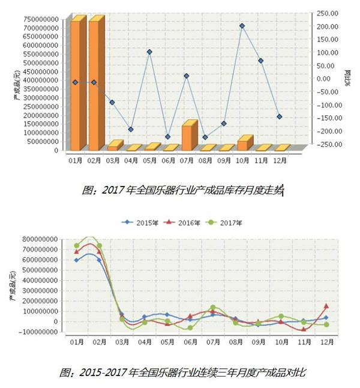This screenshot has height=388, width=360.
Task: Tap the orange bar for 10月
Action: pos(242,145)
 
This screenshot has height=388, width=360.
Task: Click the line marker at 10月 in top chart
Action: pos(242,26)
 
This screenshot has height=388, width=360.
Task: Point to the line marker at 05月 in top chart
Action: pos(149,52)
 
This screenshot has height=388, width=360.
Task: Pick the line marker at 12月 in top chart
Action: pos(279,116)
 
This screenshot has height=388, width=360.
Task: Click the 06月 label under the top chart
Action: pos(168,161)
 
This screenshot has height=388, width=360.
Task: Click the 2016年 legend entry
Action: pos(178,222)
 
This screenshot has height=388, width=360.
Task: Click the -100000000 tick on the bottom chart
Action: pos(40,332)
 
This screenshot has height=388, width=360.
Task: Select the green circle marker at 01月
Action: pos(76,246)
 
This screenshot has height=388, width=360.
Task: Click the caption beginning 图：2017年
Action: pos(182,190)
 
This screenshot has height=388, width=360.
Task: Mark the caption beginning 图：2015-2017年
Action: pos(182,372)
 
